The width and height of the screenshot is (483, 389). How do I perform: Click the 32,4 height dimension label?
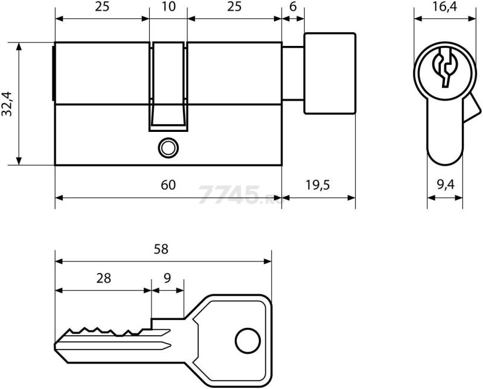point(7,103)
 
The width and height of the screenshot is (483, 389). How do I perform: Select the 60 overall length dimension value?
point(168,185)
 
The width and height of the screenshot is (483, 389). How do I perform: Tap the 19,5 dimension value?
point(318,185)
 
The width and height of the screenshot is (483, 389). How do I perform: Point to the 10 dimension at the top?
point(168,7)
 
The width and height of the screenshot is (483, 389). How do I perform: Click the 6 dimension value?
point(293,7)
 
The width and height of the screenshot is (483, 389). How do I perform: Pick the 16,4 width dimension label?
point(444,7)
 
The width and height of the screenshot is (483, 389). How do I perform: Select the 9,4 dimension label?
point(446,185)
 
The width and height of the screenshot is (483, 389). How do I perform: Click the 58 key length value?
point(161,249)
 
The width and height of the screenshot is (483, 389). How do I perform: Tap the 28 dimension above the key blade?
point(103,278)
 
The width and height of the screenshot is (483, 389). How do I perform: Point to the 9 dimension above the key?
point(167,278)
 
